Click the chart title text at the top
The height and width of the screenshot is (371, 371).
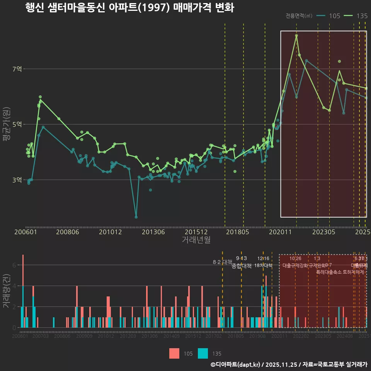pyautogui.click(x=129, y=8)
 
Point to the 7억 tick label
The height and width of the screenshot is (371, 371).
pyautogui.click(x=17, y=69)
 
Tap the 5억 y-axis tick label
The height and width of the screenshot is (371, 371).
pyautogui.click(x=17, y=124)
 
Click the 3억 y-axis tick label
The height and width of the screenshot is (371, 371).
pyautogui.click(x=17, y=180)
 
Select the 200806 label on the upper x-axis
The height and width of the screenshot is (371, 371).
pyautogui.click(x=68, y=232)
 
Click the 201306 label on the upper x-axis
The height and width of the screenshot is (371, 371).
pyautogui.click(x=153, y=232)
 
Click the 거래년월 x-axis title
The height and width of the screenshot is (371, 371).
pyautogui.click(x=196, y=240)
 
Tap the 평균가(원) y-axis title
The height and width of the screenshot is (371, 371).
pyautogui.click(x=6, y=126)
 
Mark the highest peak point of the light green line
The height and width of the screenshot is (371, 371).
pyautogui.click(x=296, y=36)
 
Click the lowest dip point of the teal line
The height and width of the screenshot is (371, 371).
pyautogui.click(x=136, y=217)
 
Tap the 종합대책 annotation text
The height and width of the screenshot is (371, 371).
pyautogui.click(x=242, y=265)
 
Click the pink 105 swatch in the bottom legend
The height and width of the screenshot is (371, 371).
pyautogui.click(x=174, y=353)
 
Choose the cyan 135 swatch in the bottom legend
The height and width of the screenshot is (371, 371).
pyautogui.click(x=203, y=353)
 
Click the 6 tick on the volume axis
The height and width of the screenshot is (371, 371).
pyautogui.click(x=14, y=265)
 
